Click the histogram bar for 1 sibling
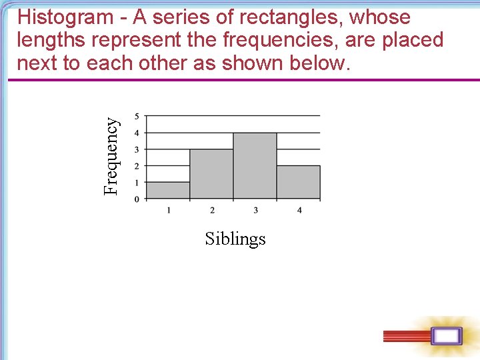tap(168, 191)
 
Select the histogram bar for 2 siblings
tap(211, 174)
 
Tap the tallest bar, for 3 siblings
tap(255, 166)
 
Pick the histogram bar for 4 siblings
tap(298, 182)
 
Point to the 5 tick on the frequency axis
tap(137, 116)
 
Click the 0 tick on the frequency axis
tap(137, 199)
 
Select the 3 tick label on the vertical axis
tap(137, 149)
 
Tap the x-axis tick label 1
tap(169, 211)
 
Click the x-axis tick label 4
tap(299, 211)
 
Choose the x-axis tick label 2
tap(212, 211)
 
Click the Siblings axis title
tap(235, 239)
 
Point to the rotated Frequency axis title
tap(112, 156)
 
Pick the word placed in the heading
tap(412, 40)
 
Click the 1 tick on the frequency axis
tap(137, 182)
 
